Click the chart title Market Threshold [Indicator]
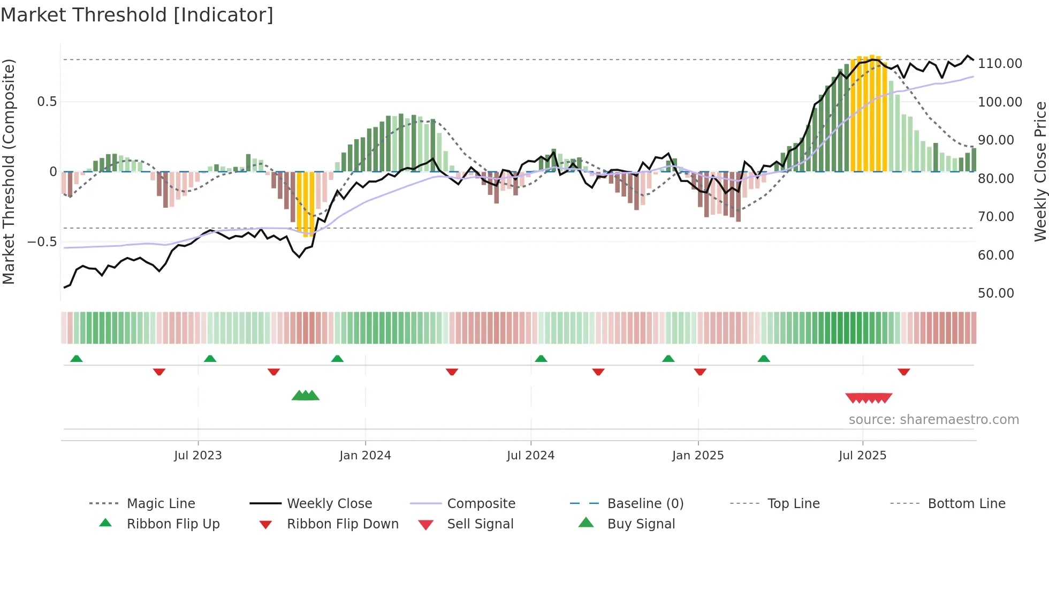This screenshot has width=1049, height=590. click(137, 15)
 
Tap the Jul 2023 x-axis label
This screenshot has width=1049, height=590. click(197, 456)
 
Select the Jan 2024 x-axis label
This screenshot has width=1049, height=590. click(365, 456)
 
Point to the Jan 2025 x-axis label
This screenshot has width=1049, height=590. click(698, 456)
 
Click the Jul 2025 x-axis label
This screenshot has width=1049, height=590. click(862, 456)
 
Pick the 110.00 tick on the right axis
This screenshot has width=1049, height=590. click(1000, 64)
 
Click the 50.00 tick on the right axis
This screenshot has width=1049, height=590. click(996, 293)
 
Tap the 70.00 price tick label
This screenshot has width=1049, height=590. click(996, 217)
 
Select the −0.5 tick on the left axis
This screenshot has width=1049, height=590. click(42, 242)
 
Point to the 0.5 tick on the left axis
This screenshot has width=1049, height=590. click(47, 102)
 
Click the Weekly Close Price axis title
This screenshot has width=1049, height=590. click(1040, 171)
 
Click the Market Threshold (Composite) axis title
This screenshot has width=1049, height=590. click(9, 171)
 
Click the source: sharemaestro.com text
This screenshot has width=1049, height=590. click(933, 420)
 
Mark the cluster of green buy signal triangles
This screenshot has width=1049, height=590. click(306, 396)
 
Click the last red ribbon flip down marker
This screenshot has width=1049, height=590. click(904, 372)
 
